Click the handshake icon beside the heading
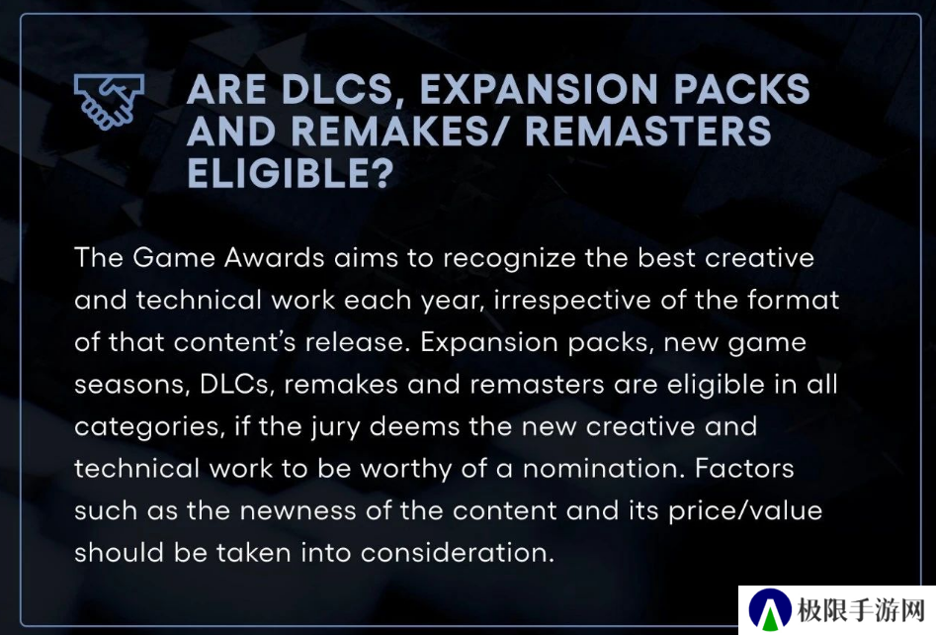[110, 101]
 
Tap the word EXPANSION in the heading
[539, 90]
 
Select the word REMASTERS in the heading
[648, 132]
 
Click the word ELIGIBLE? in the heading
[291, 173]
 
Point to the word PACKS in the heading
[742, 90]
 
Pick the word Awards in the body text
[274, 258]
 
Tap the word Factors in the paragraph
[744, 469]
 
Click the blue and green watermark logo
[770, 610]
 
